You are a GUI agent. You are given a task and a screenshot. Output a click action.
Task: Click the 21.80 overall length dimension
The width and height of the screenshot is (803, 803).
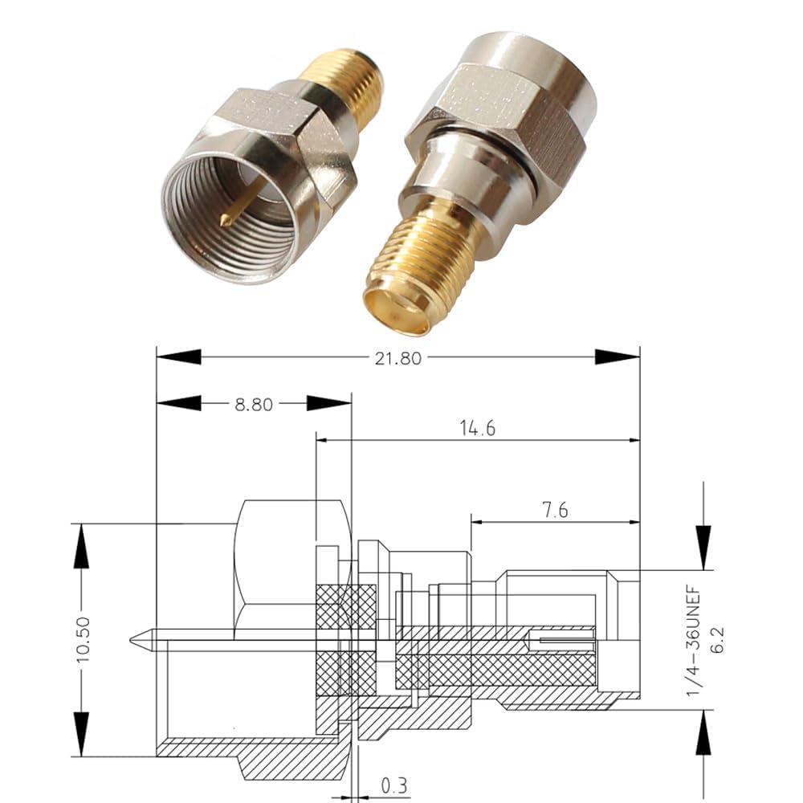[398, 358]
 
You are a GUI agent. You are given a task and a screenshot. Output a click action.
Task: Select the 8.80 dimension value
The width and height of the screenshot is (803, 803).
[253, 405]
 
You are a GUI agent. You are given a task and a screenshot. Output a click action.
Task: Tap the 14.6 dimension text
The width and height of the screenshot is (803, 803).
[478, 429]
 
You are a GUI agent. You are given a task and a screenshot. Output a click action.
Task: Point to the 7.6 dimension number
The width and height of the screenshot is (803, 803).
[550, 512]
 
